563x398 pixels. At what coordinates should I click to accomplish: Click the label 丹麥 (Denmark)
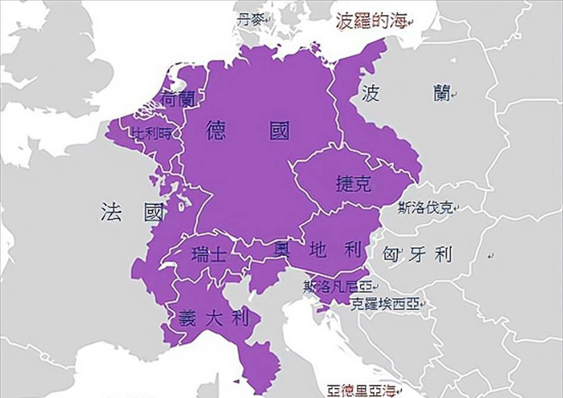point(248,20)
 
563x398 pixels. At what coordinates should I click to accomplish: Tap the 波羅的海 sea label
point(372,21)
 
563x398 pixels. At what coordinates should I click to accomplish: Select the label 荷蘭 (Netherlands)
point(177,99)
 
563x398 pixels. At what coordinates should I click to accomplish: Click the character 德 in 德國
point(216,130)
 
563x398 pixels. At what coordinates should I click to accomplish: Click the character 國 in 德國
point(280,130)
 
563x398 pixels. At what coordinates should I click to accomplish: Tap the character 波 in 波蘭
point(370,92)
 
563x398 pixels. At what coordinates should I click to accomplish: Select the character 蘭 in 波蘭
point(442,92)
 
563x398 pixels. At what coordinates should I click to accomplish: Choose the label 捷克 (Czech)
point(353,184)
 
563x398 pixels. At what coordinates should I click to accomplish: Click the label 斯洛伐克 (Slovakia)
point(425,208)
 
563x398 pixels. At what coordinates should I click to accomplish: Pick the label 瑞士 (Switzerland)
point(209,255)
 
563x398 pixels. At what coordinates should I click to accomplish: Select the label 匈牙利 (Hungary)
point(418,255)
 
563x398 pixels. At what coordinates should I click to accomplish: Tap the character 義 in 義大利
point(187,319)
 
